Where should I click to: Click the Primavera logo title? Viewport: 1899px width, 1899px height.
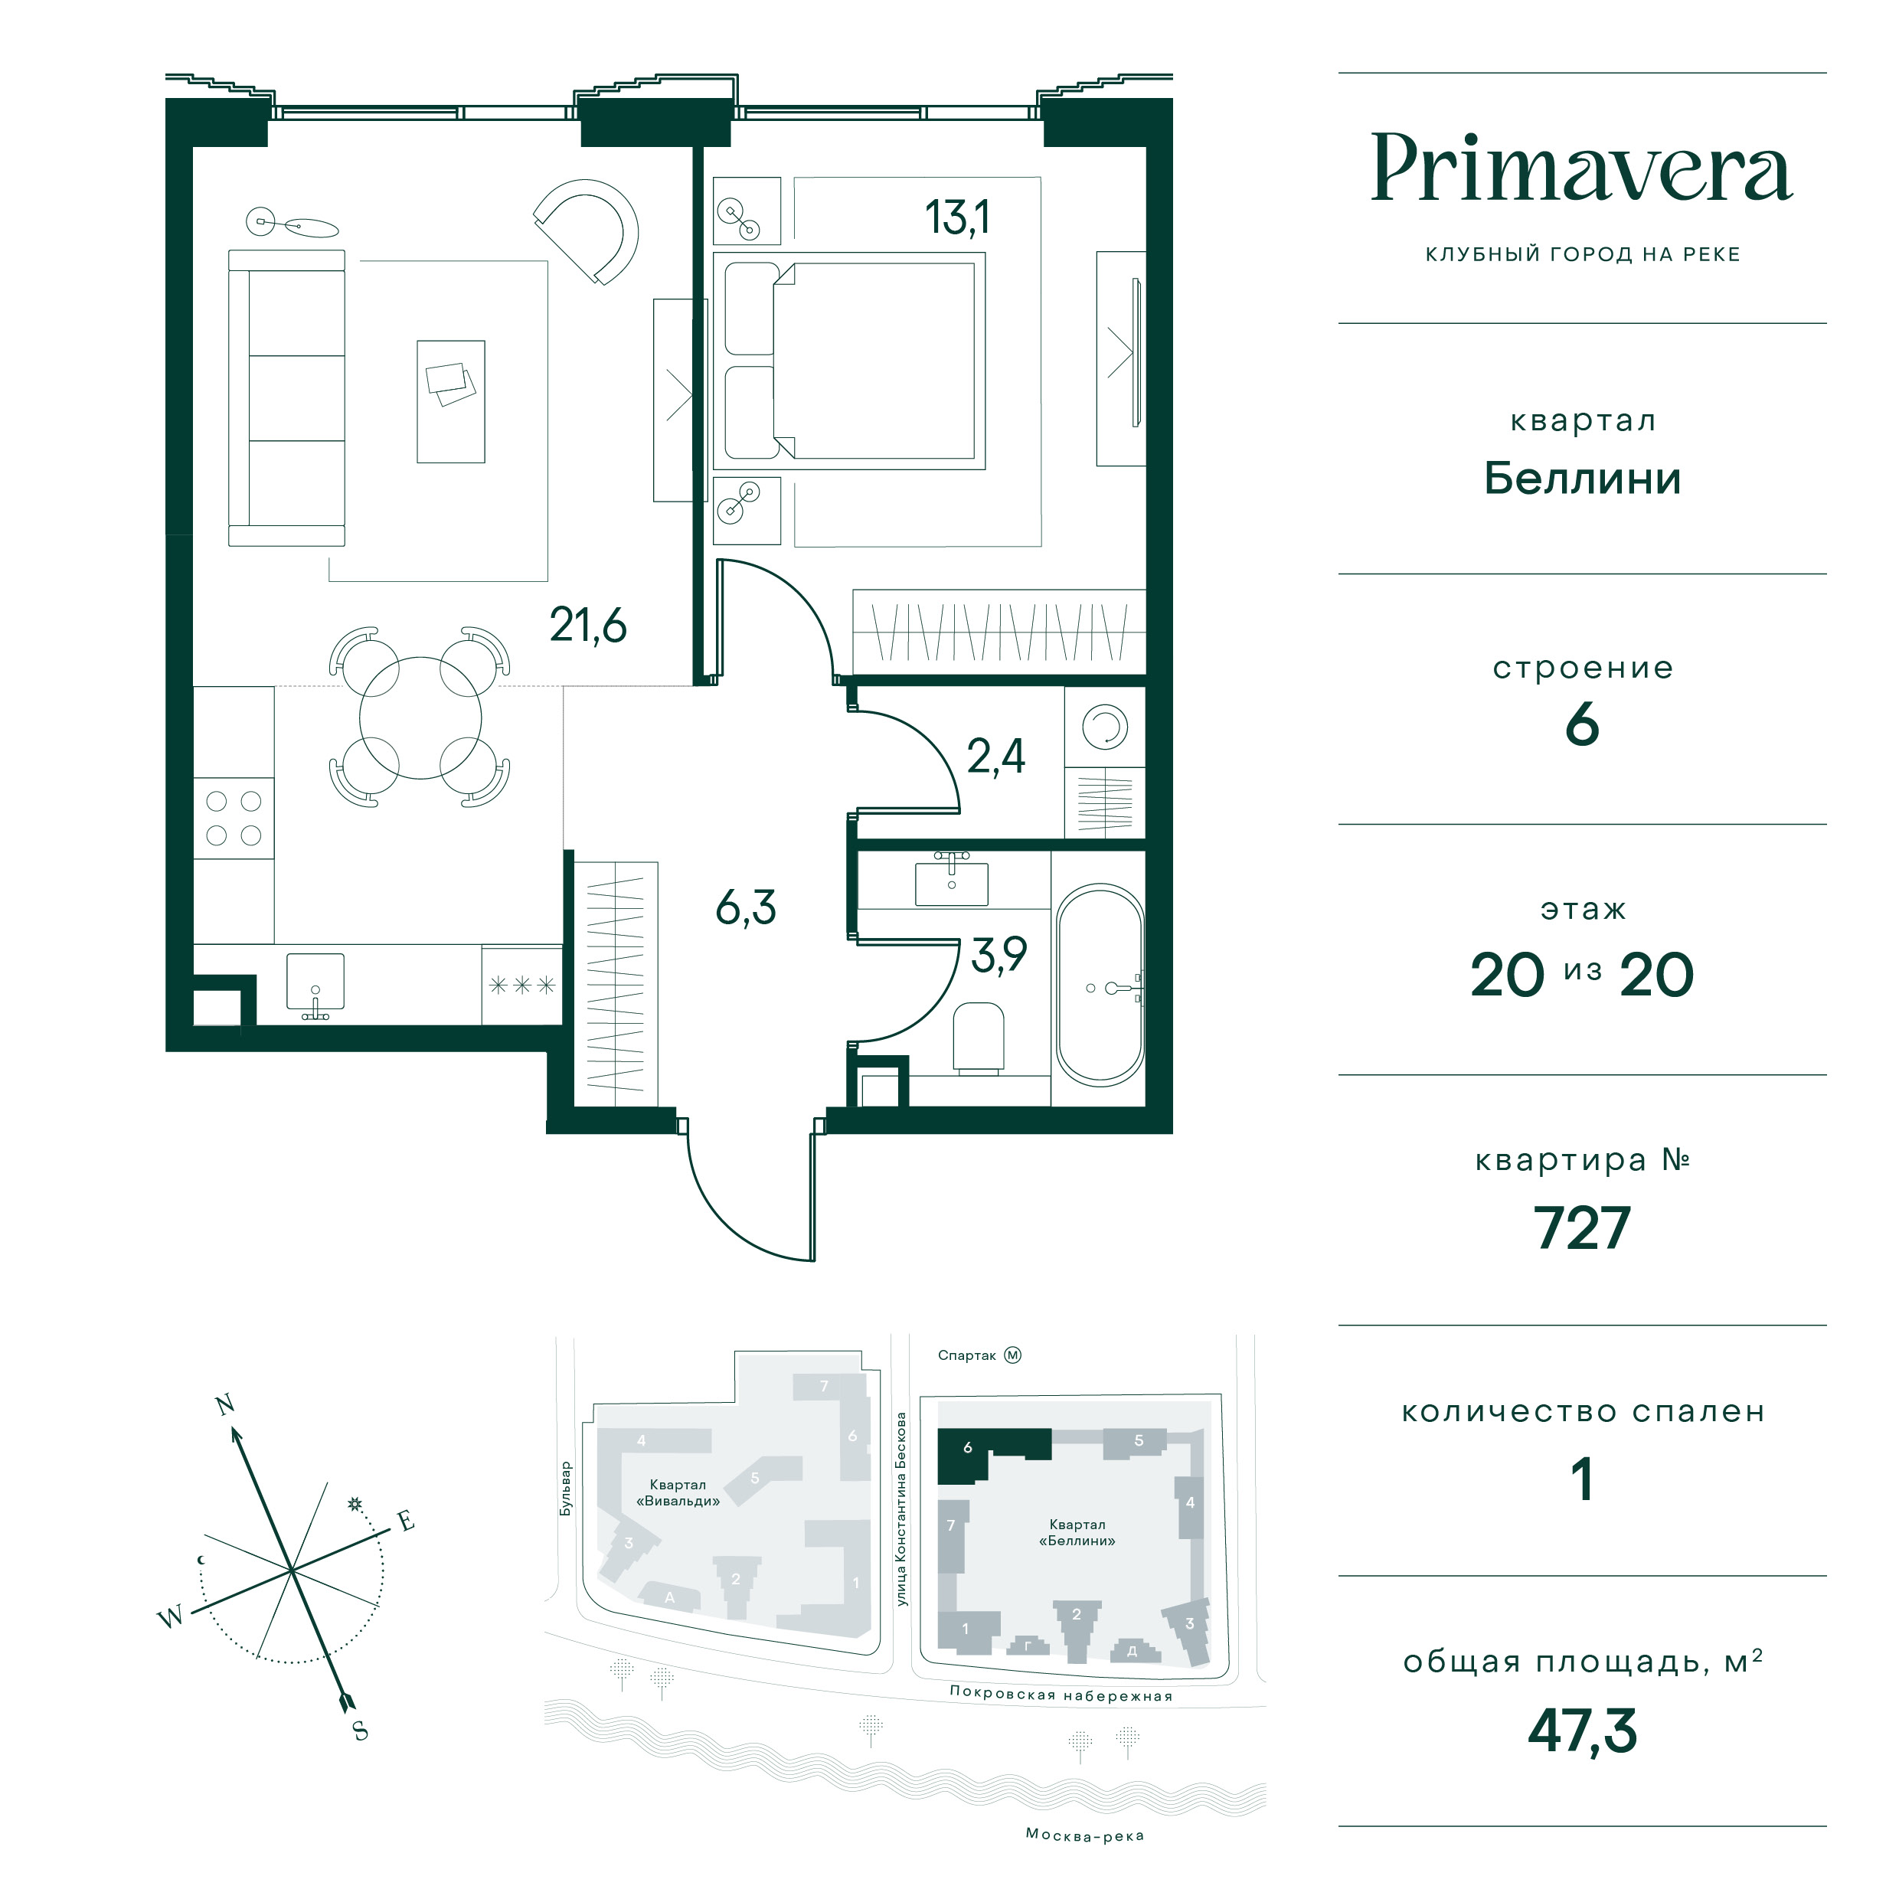pos(1581,169)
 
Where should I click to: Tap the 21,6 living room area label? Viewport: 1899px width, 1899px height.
pos(588,625)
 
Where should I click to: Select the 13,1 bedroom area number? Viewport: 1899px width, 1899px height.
pos(956,217)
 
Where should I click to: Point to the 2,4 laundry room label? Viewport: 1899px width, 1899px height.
pos(995,757)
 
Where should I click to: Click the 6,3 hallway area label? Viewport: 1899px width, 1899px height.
pos(746,907)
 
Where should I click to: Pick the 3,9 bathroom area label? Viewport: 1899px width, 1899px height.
pos(999,954)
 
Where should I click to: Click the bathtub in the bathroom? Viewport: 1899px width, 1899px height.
pos(1100,985)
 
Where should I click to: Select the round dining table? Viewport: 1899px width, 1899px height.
pos(420,717)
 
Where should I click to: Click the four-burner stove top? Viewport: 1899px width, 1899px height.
pos(234,818)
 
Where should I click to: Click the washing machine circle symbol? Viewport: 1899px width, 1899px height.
pos(1105,727)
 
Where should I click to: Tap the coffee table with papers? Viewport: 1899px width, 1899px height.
pos(451,401)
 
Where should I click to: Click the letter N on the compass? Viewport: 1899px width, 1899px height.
pos(225,1404)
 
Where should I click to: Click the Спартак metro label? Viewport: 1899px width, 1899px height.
pos(966,1355)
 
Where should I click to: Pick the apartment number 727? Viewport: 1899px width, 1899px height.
pos(1581,1227)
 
